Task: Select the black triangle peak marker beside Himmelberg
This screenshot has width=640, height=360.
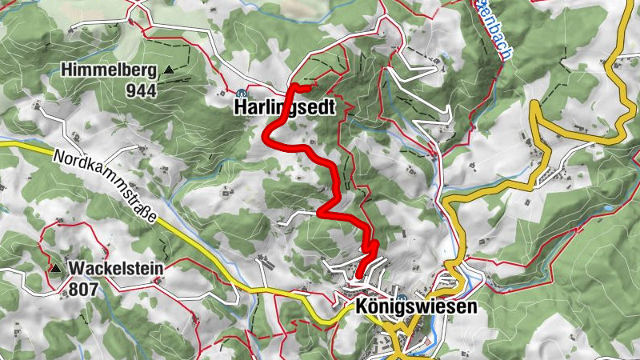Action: click(x=169, y=70)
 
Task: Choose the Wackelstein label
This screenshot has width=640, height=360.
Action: click(x=117, y=269)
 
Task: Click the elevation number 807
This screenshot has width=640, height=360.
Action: click(x=83, y=289)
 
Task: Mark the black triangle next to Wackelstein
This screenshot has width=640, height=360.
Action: click(x=55, y=268)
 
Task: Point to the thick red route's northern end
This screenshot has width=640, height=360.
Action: click(x=308, y=86)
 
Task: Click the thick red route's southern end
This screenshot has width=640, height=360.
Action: click(x=358, y=277)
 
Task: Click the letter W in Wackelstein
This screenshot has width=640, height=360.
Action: click(x=77, y=269)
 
